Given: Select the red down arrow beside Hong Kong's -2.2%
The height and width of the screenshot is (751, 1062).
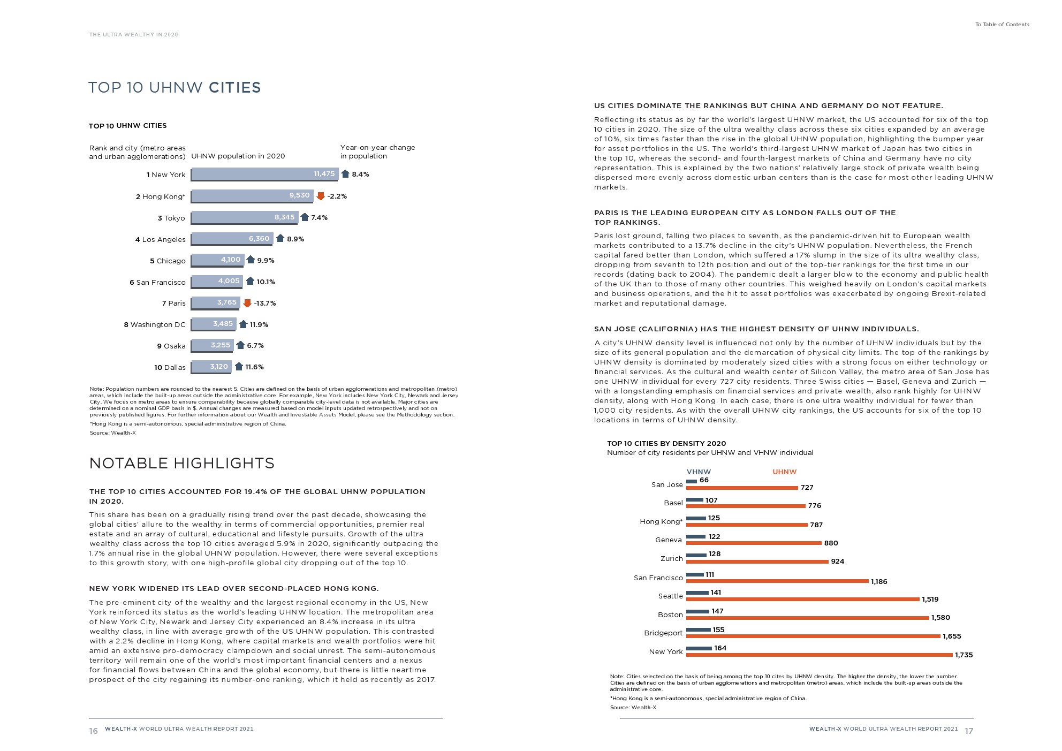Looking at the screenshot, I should [321, 196].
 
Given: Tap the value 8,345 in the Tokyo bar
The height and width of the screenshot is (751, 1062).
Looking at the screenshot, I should [284, 217].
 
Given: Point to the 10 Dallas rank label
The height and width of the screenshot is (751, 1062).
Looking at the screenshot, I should [170, 367].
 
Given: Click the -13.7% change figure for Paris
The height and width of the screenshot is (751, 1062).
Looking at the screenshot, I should [265, 303].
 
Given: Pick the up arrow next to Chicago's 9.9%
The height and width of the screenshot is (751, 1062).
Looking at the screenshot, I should [251, 260].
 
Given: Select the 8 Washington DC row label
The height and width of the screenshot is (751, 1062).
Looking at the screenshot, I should [155, 324].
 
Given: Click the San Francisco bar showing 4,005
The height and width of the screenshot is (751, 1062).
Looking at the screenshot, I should [216, 281].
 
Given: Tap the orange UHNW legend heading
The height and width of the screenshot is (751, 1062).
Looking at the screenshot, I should [784, 472].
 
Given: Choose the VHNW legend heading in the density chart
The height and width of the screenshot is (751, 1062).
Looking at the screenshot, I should [699, 472].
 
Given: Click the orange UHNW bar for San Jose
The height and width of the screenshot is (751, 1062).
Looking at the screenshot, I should [742, 488].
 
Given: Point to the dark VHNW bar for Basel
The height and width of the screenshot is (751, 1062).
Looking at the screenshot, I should [694, 500].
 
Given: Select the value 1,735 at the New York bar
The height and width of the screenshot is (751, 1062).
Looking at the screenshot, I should [964, 655].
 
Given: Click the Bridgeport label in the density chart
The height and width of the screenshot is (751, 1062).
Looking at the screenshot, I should [663, 633].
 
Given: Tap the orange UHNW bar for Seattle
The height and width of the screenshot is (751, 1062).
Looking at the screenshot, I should [802, 599].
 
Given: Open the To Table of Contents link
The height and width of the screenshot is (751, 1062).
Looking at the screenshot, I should [1002, 25].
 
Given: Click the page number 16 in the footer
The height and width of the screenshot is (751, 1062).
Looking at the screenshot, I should [93, 731].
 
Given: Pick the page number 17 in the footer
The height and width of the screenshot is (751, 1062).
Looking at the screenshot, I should [969, 731].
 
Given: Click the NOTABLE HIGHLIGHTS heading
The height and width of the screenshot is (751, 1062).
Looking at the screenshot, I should [181, 463].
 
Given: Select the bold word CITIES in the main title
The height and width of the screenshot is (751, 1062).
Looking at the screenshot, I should [234, 87].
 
